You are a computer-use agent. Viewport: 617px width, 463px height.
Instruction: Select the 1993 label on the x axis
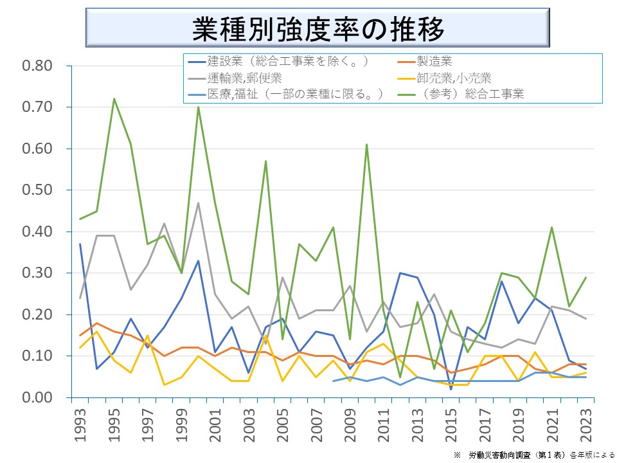80,425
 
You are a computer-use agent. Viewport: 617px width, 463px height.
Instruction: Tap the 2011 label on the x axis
383,425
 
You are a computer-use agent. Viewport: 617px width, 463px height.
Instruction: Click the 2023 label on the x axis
586,425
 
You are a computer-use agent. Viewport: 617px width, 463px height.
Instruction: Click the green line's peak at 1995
114,99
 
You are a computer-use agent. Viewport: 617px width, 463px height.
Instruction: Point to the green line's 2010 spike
366,145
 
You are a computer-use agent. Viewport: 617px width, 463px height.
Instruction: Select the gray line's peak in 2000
198,203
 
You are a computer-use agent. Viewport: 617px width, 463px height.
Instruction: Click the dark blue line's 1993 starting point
80,244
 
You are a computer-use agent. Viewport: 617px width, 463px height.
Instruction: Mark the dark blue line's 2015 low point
451,389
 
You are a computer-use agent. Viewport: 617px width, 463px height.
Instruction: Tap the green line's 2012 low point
400,377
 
